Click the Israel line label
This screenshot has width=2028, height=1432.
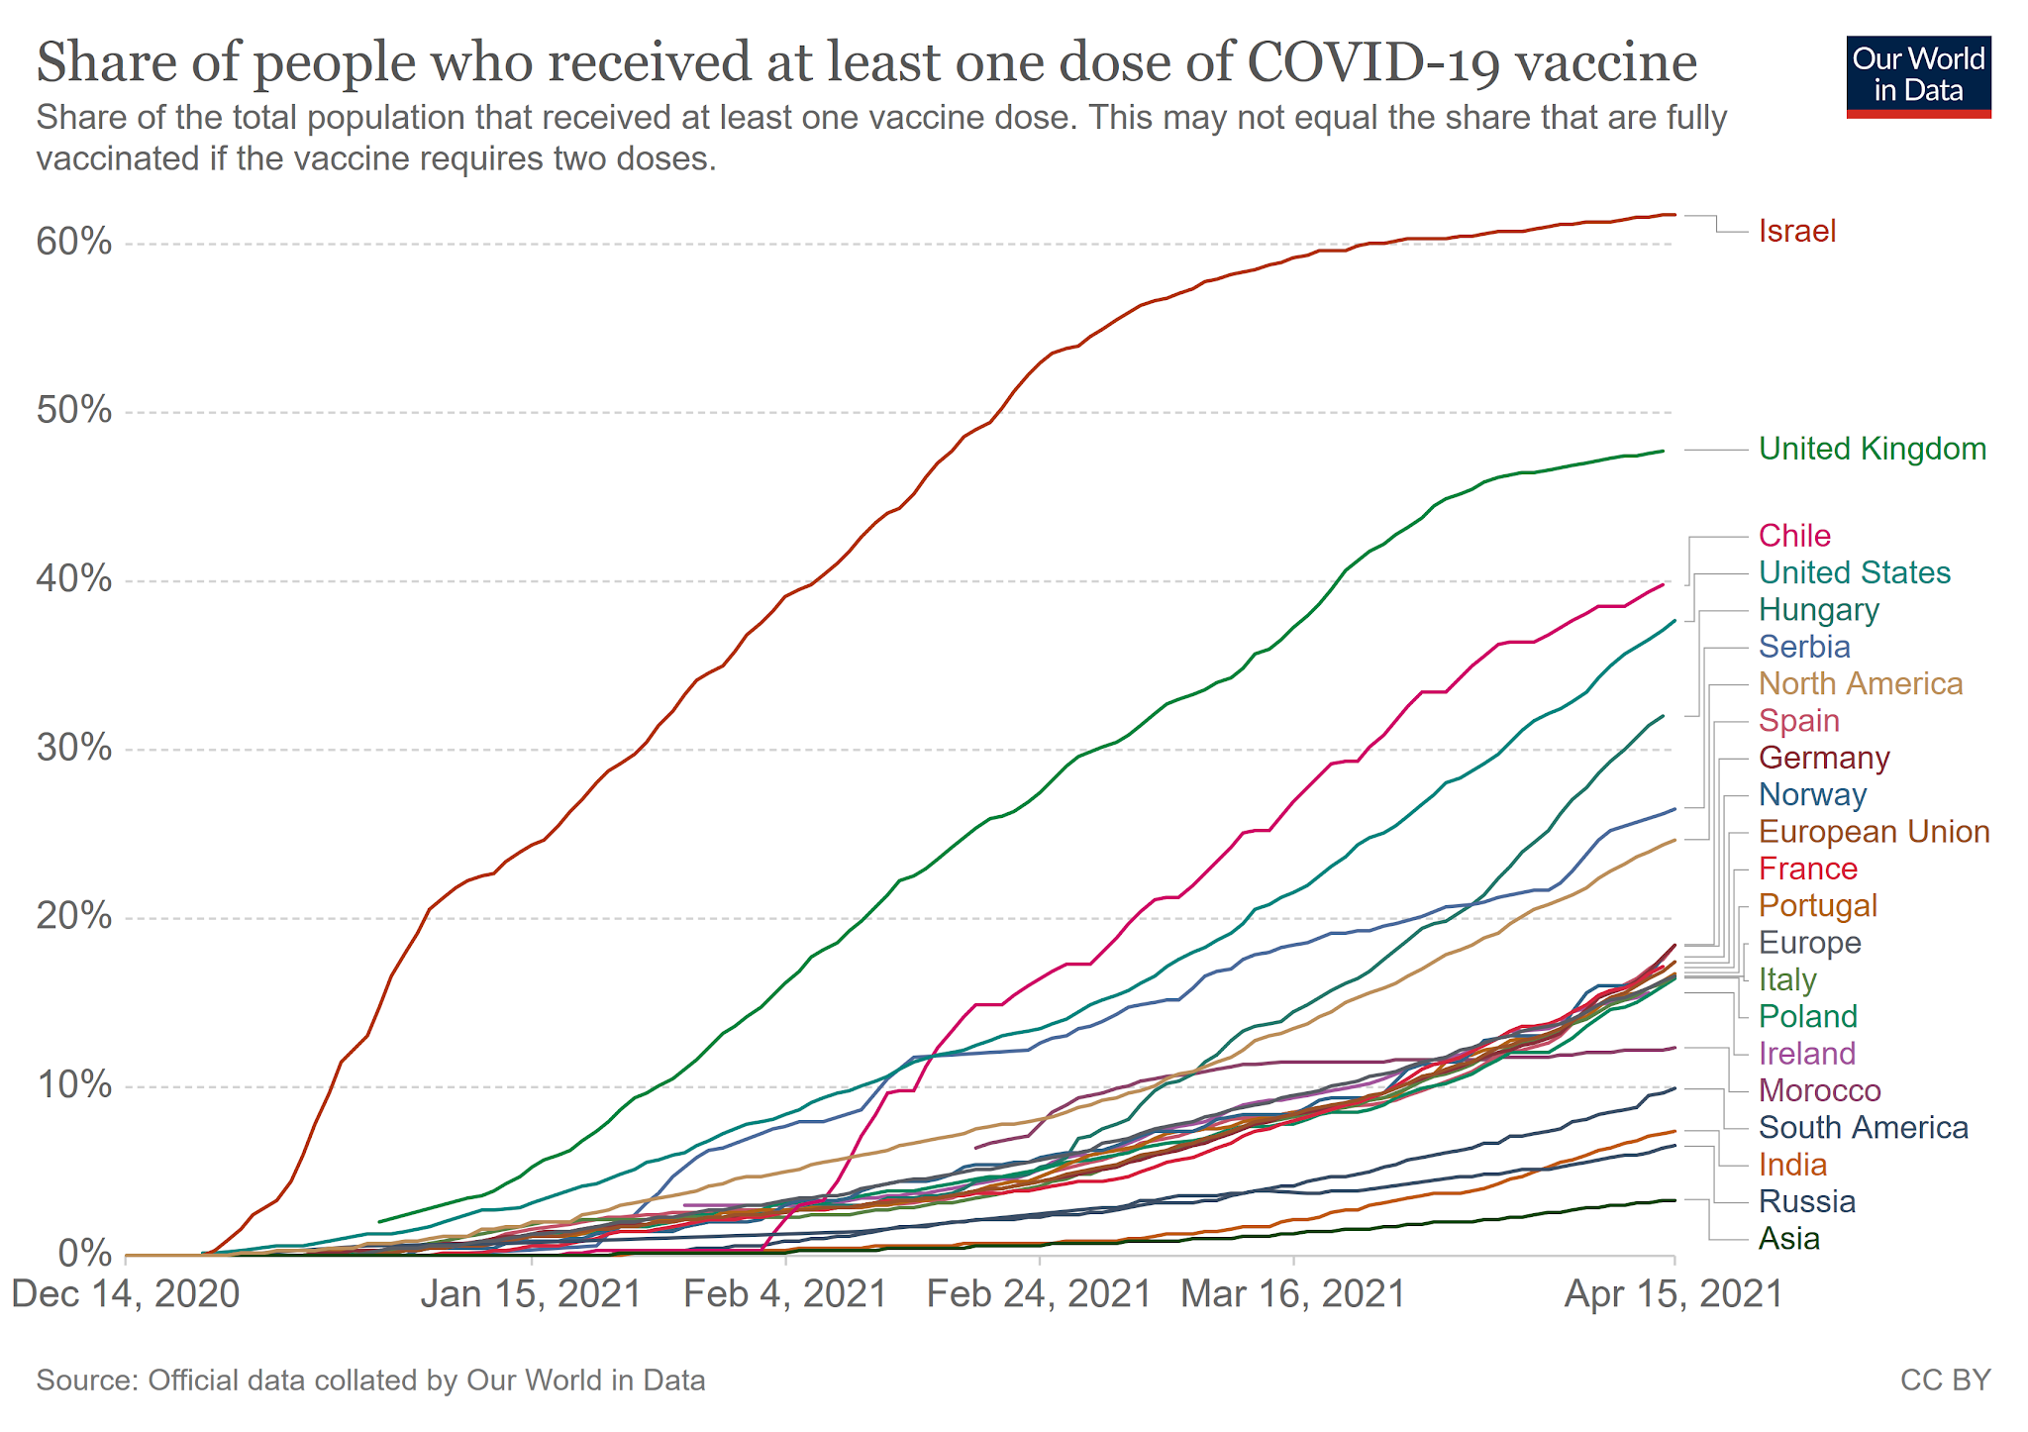pyautogui.click(x=1796, y=231)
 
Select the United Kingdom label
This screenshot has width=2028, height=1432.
pyautogui.click(x=1872, y=449)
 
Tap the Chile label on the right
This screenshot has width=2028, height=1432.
pyautogui.click(x=1794, y=536)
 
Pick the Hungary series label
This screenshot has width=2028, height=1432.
pyautogui.click(x=1818, y=610)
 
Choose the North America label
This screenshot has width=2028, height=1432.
pyautogui.click(x=1860, y=684)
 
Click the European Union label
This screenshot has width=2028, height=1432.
pyautogui.click(x=1874, y=832)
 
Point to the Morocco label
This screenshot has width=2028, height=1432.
pyautogui.click(x=1819, y=1091)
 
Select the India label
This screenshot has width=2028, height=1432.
pyautogui.click(x=1792, y=1165)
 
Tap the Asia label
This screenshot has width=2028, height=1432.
pyautogui.click(x=1788, y=1239)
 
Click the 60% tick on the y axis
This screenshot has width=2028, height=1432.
pyautogui.click(x=74, y=243)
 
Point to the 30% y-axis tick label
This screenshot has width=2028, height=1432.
pyautogui.click(x=74, y=749)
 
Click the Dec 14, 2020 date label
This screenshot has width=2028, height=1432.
pyautogui.click(x=126, y=1294)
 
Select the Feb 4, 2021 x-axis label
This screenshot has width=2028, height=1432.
pyautogui.click(x=785, y=1294)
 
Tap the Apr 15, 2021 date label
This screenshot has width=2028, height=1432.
pyautogui.click(x=1673, y=1294)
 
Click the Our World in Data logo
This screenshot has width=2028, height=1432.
pyautogui.click(x=1918, y=77)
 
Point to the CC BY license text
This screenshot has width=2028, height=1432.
pyautogui.click(x=1945, y=1381)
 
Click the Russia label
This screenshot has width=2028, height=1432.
pyautogui.click(x=1806, y=1202)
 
